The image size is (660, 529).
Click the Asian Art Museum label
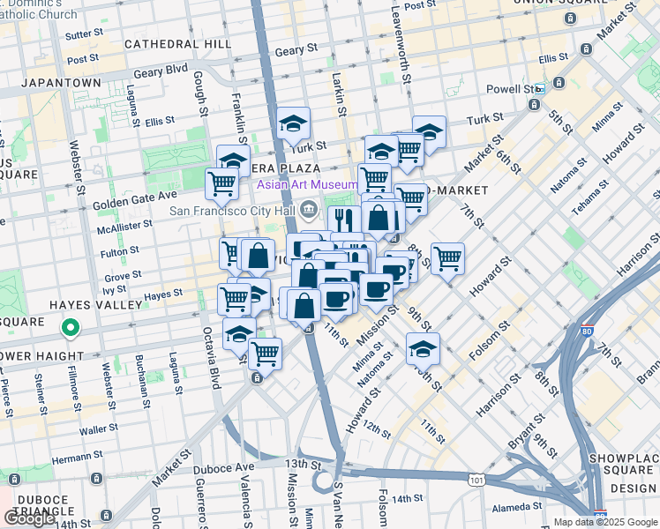click(x=307, y=185)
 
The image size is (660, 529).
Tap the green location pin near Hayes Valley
click(x=71, y=330)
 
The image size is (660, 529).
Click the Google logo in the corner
click(x=30, y=518)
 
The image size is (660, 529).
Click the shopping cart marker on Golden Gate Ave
click(x=221, y=184)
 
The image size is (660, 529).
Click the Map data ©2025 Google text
click(x=599, y=522)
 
